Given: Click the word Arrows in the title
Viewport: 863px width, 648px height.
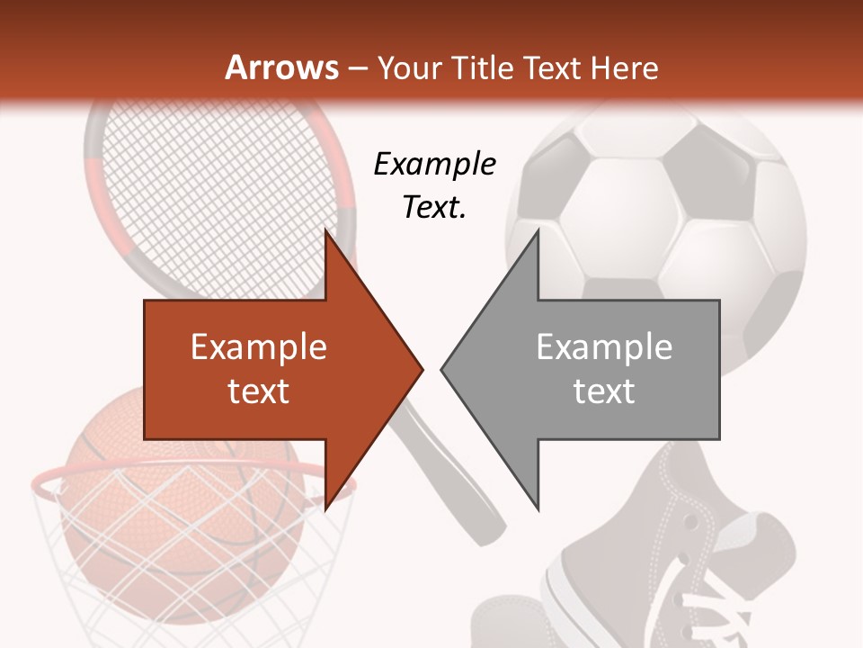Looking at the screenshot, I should click(x=281, y=67).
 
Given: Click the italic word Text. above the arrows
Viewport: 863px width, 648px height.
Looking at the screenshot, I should click(x=434, y=207).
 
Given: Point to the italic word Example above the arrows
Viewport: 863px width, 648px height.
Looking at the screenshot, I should click(x=434, y=164).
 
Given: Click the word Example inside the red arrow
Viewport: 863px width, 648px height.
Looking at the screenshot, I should click(x=258, y=346).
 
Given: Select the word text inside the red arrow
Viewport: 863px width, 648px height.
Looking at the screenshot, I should click(x=258, y=391).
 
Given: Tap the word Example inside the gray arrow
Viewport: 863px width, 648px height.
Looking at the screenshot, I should click(x=604, y=346).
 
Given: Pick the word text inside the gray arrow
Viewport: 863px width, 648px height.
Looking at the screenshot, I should click(x=604, y=391).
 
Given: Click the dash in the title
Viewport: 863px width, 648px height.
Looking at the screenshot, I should click(x=357, y=68).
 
